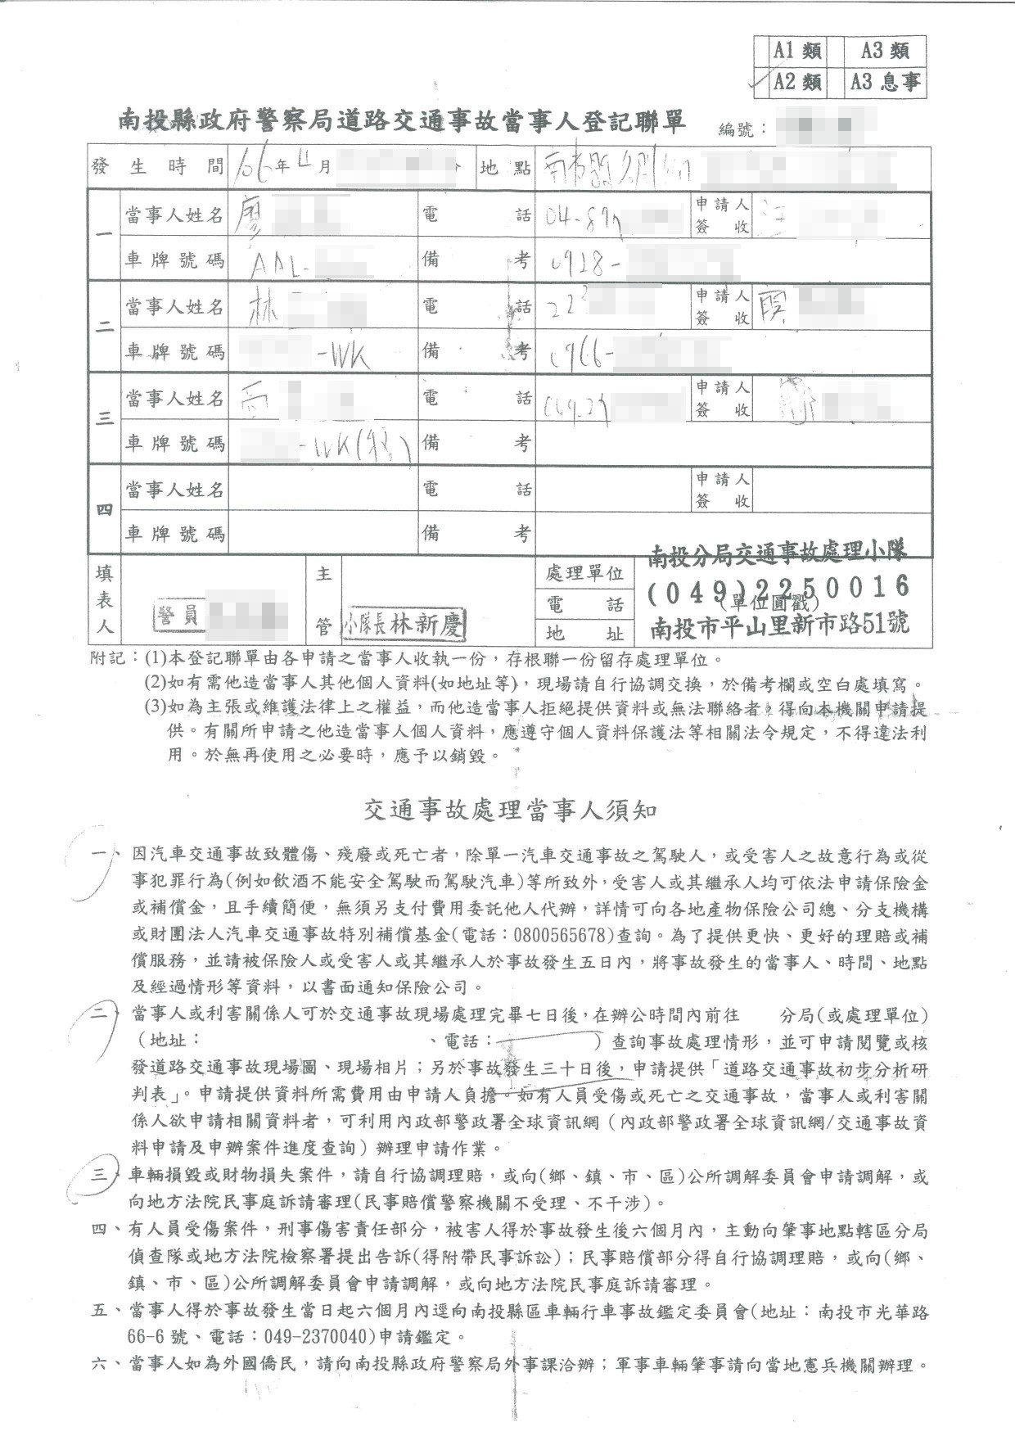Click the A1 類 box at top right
797,51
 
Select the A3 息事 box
885,82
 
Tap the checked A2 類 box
797,82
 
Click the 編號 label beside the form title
742,129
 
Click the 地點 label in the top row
505,168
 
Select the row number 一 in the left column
104,237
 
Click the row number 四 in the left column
104,511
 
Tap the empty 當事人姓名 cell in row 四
323,490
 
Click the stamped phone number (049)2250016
778,587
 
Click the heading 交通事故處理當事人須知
510,811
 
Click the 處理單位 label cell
585,573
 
